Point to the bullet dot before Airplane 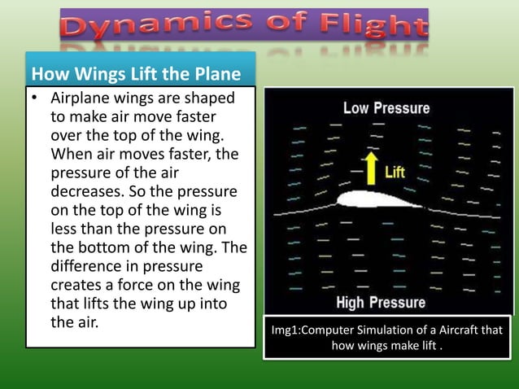coord(36,98)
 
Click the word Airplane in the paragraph coord(81,98)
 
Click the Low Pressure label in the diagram coord(386,107)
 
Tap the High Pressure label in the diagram coord(381,303)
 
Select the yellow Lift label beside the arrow coord(395,173)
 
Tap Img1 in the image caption coord(287,330)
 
